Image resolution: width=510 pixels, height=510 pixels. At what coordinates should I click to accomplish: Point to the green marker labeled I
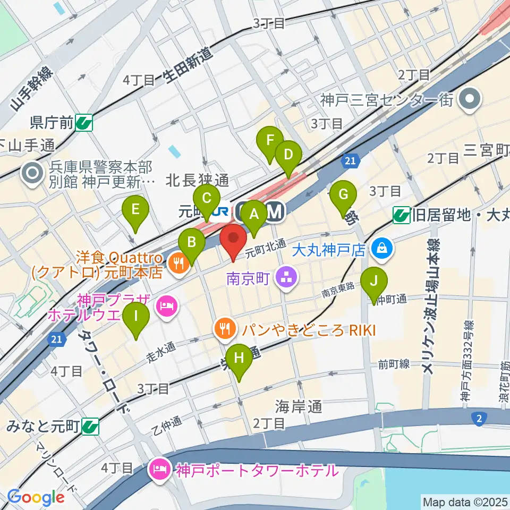coord(136,317)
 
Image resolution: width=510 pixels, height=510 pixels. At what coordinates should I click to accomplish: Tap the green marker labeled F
coord(270,142)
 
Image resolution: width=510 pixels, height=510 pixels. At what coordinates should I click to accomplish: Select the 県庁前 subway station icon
coord(84,124)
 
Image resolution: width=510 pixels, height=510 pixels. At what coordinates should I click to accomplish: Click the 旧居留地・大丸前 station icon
coord(401,215)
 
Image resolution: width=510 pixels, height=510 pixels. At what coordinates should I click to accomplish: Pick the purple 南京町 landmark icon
coord(287,277)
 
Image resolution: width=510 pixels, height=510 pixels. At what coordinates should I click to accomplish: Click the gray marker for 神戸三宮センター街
coord(470,99)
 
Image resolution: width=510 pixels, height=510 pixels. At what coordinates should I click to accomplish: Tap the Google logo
coord(36,498)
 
